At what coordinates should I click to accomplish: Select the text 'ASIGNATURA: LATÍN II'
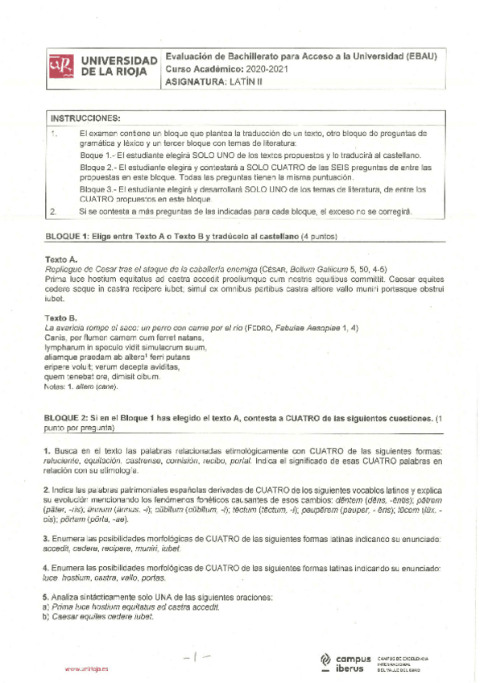(x=216, y=81)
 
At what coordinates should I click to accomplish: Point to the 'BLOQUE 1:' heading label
(x=67, y=236)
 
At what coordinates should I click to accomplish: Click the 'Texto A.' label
(x=61, y=259)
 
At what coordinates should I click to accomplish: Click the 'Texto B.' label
(x=61, y=318)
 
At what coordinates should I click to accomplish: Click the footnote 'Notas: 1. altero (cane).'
(x=82, y=387)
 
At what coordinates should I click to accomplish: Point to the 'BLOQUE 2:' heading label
(x=67, y=418)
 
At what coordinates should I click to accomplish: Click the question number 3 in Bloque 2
(x=47, y=536)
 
